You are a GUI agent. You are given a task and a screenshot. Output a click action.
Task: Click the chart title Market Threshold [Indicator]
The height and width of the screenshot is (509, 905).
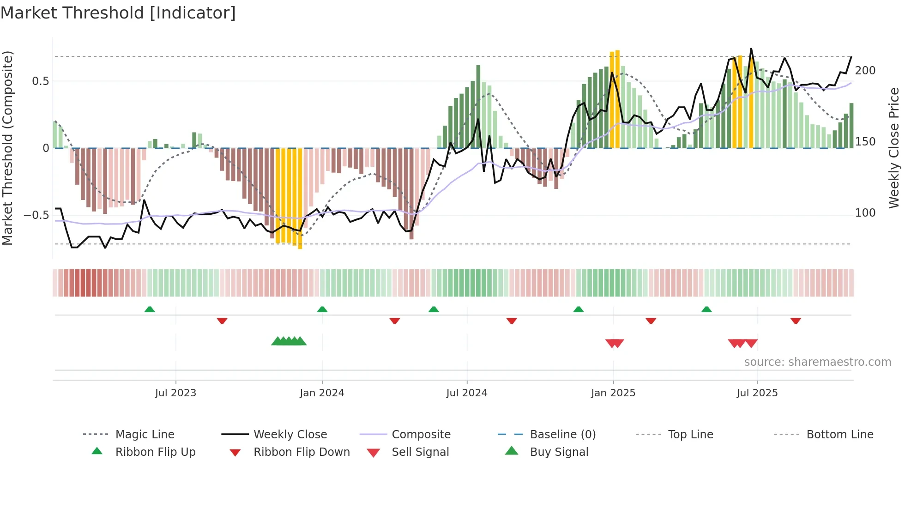pos(118,13)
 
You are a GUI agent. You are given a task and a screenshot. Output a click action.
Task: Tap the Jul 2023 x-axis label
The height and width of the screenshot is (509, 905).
pos(175,393)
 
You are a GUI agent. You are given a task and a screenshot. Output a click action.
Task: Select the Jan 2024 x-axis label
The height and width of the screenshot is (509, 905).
pos(322,393)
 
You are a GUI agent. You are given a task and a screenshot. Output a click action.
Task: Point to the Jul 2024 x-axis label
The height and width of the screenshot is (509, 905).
pos(467,393)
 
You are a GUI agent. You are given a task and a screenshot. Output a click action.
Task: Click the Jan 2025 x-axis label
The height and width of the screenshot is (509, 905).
pos(613,393)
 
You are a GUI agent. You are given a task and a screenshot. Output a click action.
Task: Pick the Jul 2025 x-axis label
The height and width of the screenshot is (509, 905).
pos(757,393)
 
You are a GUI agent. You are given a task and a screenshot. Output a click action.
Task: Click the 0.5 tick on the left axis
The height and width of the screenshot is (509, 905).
pos(40,81)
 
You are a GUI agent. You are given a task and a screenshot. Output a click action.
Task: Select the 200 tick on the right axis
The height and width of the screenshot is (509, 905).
pos(865,71)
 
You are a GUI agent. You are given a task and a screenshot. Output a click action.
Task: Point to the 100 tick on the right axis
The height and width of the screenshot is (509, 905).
pos(865,213)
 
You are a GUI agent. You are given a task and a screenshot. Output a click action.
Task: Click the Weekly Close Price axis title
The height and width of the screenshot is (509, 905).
pos(894,148)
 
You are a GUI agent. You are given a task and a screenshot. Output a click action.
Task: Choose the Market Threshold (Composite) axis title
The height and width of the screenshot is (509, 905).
pos(7,148)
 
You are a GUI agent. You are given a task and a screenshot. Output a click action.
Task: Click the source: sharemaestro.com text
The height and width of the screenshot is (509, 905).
pos(817,362)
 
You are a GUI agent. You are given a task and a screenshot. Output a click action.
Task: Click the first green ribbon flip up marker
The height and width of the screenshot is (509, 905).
pos(150,309)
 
